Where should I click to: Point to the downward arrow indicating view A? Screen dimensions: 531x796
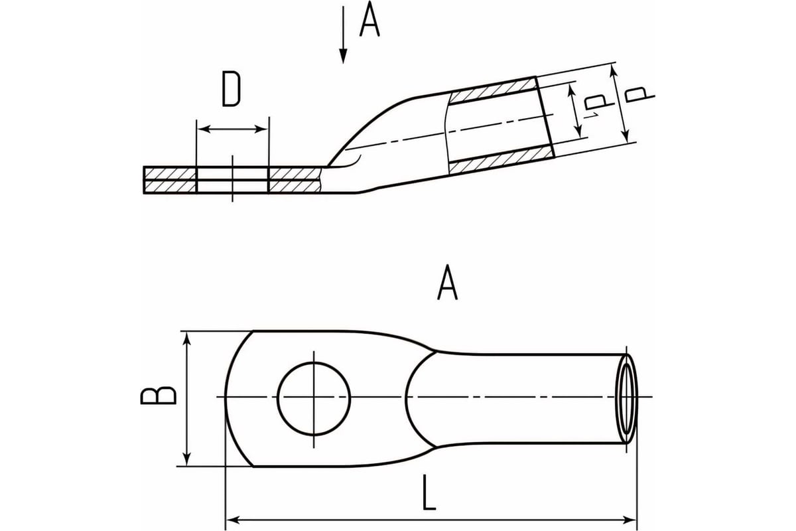pyautogui.click(x=343, y=37)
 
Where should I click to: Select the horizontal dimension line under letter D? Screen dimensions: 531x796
pyautogui.click(x=232, y=128)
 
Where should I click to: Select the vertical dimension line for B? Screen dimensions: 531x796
pyautogui.click(x=188, y=398)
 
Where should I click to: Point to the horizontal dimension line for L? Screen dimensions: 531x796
pyautogui.click(x=431, y=518)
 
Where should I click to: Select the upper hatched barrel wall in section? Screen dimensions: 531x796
pyautogui.click(x=492, y=92)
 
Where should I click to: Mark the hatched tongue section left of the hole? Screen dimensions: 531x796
pyautogui.click(x=170, y=180)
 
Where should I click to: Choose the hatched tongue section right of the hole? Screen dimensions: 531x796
pyautogui.click(x=294, y=180)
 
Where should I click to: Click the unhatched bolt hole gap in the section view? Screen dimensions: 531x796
pyautogui.click(x=232, y=180)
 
